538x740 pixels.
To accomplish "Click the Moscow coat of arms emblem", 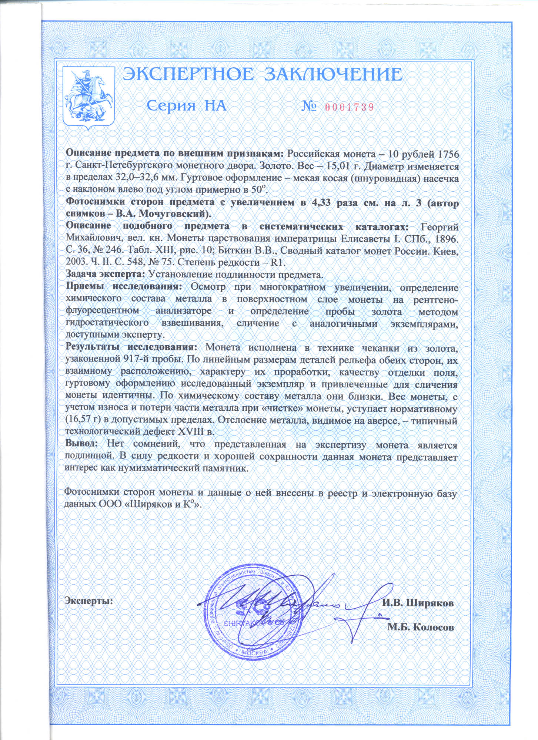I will coord(89,97).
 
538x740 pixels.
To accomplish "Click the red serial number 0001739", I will coord(349,107).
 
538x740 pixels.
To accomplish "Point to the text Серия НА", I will coord(186,106).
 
